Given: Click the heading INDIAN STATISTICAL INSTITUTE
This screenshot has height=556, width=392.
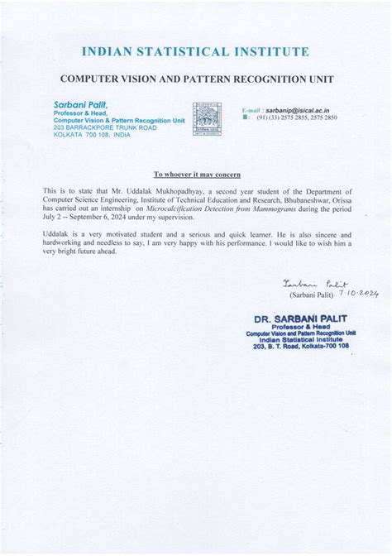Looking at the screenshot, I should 196,53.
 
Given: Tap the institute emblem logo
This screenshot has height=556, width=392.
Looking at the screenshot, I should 207,119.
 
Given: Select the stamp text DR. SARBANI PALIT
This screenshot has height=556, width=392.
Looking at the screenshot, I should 301,319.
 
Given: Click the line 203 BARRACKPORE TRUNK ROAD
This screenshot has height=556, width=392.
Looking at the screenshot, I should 104,127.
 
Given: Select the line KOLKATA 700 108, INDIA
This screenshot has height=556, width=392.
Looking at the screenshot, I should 91,134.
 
